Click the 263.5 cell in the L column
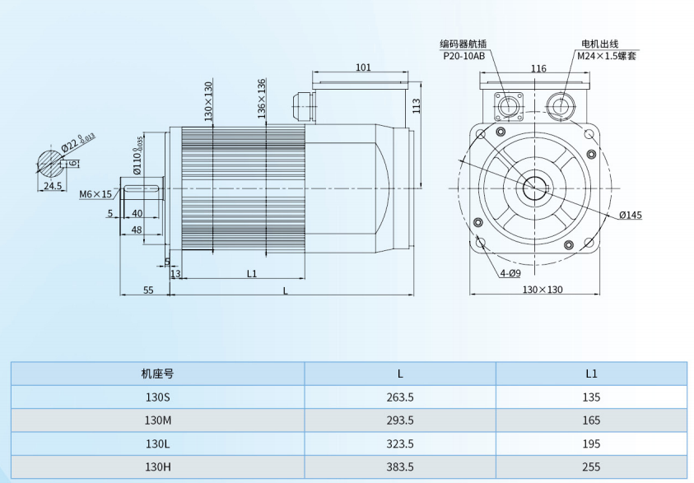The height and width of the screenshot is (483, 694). click(400, 397)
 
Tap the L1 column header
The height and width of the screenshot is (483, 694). click(591, 373)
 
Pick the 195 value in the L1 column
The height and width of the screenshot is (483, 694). click(591, 443)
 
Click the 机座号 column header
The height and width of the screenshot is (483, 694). click(157, 373)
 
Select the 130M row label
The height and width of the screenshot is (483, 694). click(157, 420)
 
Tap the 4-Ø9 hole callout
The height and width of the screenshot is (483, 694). click(510, 272)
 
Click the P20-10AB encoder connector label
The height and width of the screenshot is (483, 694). click(463, 56)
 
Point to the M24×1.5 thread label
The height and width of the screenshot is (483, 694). click(606, 56)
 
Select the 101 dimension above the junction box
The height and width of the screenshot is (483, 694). click(363, 67)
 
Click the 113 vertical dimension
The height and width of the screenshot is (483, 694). click(416, 104)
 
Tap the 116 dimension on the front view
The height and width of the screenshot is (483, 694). click(538, 68)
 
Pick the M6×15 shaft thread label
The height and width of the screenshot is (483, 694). click(95, 195)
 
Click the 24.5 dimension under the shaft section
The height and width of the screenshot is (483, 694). click(53, 187)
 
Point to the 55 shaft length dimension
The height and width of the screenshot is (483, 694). click(148, 290)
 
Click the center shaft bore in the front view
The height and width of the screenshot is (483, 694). click(538, 188)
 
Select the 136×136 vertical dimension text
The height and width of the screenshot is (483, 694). click(261, 98)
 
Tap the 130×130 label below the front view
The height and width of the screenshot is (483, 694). click(542, 290)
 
